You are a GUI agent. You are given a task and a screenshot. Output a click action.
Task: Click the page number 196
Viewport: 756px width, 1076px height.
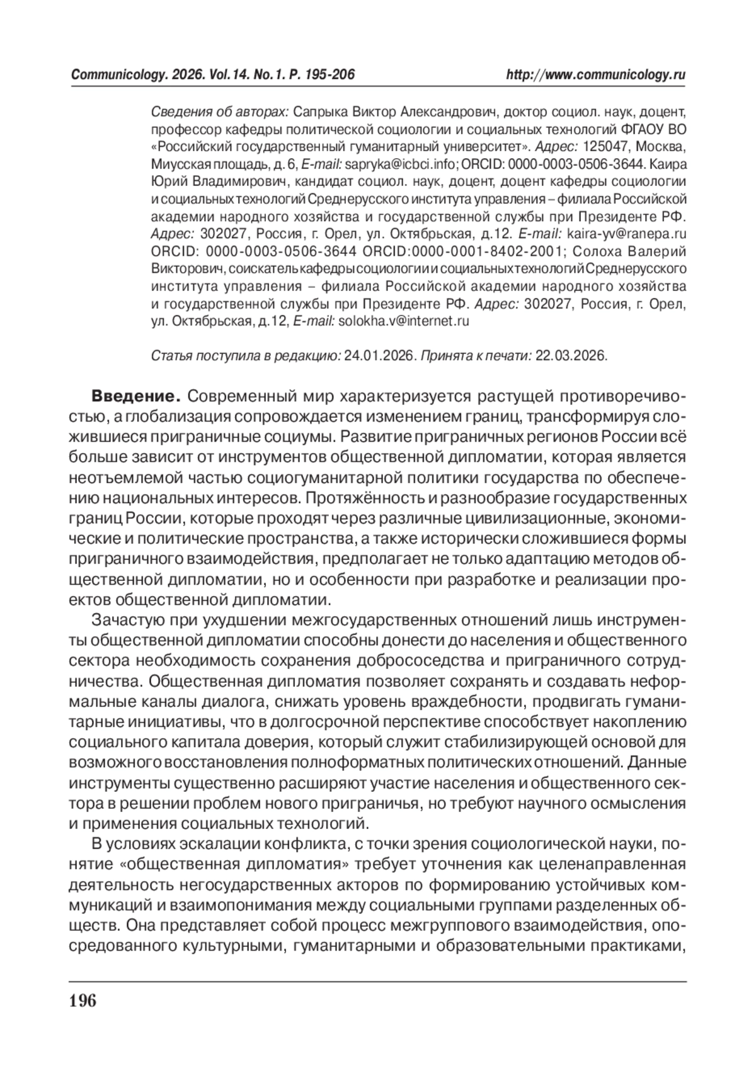tap(83, 1000)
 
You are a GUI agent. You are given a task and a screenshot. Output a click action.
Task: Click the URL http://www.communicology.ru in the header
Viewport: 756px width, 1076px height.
tap(595, 75)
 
